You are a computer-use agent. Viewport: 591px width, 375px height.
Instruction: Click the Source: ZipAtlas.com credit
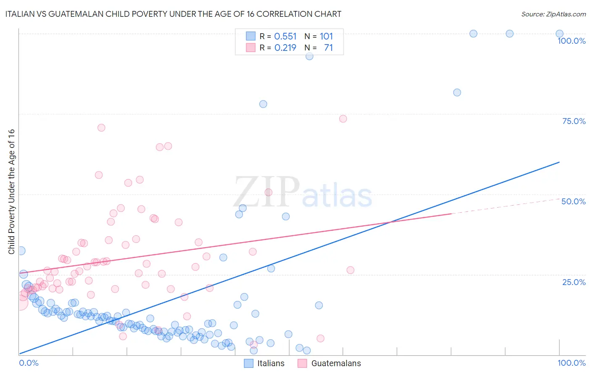point(553,14)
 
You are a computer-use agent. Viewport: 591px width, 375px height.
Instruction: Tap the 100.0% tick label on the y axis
point(571,41)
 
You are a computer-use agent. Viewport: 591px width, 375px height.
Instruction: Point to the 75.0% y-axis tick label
point(574,121)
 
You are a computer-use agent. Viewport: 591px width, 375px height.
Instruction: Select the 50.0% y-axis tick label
point(573,201)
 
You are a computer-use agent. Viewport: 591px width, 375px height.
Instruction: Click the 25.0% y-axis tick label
point(574,282)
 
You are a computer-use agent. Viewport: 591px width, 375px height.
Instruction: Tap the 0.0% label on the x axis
point(29,363)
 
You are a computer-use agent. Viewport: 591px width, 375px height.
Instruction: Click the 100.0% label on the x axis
point(571,363)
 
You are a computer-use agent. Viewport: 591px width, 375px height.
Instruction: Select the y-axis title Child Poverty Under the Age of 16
point(11,191)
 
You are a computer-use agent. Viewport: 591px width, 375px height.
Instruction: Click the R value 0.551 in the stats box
point(285,37)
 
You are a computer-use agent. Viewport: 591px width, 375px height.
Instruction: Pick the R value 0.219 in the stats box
point(285,48)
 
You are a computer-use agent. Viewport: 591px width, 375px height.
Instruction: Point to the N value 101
point(326,37)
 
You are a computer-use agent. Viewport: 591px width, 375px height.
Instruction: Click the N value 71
point(328,48)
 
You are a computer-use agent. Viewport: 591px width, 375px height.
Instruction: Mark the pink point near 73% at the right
point(343,119)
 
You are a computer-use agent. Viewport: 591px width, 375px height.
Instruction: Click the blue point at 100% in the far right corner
point(559,34)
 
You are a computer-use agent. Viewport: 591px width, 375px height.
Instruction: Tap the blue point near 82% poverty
point(457,92)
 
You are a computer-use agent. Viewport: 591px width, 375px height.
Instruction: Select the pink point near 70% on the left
point(101,128)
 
